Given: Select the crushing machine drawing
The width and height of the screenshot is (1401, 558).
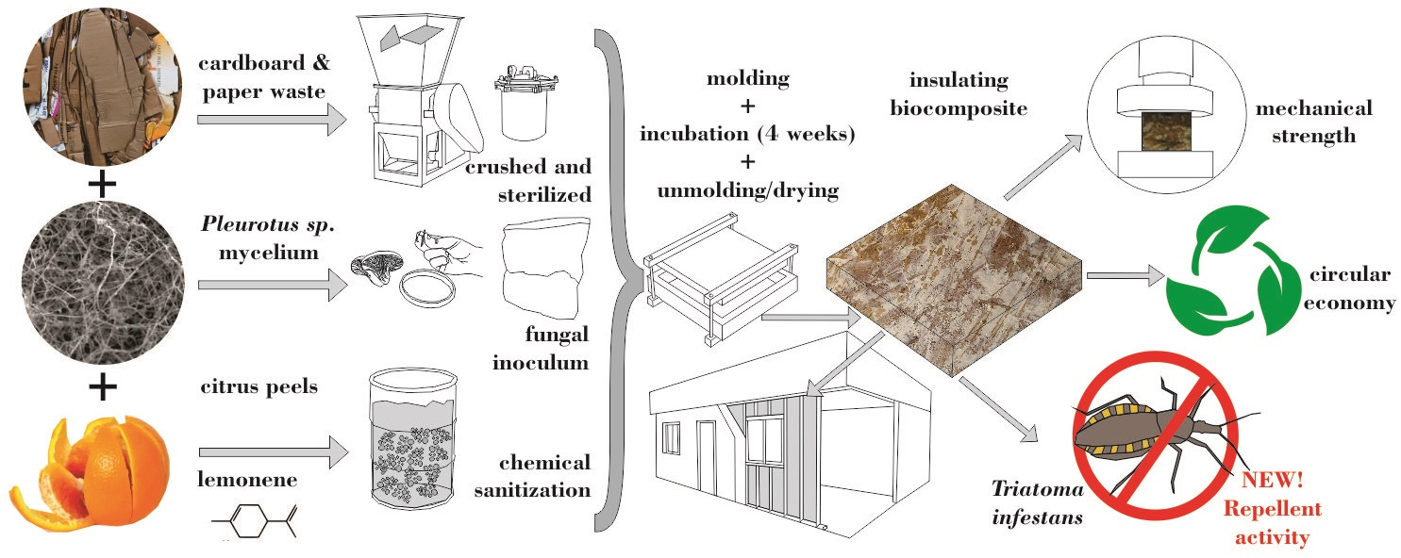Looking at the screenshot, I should click(x=414, y=113).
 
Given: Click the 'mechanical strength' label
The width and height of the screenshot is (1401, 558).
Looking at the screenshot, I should click(x=1312, y=123).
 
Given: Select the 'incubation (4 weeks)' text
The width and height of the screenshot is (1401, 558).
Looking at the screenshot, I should click(x=747, y=134).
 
